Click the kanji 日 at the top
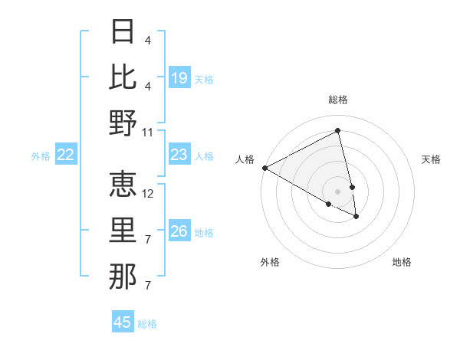[x=123, y=32]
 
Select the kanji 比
[x=123, y=77]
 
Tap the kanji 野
[x=123, y=123]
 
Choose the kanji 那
[x=123, y=276]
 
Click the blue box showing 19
[x=179, y=78]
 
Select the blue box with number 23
[x=179, y=155]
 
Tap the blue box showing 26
[x=179, y=232]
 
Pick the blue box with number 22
[x=66, y=155]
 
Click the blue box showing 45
[x=123, y=322]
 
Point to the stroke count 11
[x=148, y=132]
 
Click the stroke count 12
[x=149, y=193]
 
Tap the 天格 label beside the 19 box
[x=204, y=80]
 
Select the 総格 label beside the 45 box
[x=147, y=324]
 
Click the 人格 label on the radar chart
[x=245, y=159]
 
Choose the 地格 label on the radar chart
[x=402, y=262]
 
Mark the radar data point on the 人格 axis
[x=264, y=168]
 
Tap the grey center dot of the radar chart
[x=337, y=191]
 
